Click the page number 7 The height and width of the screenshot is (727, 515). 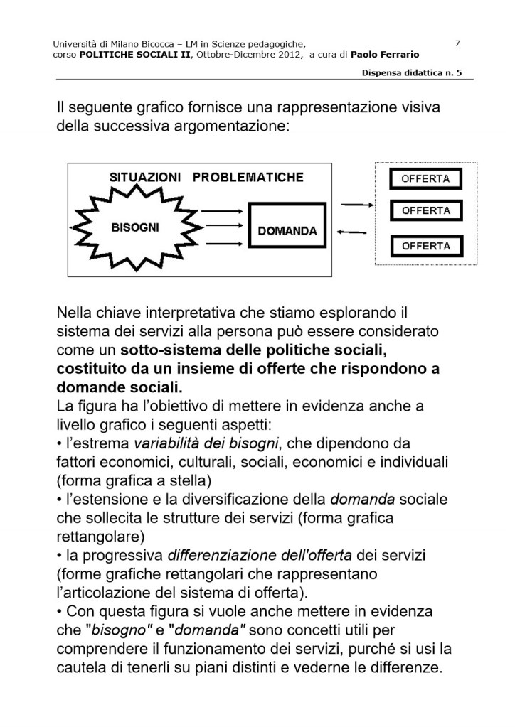pyautogui.click(x=457, y=43)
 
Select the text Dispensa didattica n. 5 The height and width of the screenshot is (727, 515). pyautogui.click(x=412, y=73)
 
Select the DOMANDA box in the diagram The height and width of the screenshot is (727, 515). pyautogui.click(x=287, y=231)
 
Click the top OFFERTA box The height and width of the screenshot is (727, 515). pyautogui.click(x=425, y=178)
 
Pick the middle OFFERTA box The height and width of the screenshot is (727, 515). pyautogui.click(x=425, y=211)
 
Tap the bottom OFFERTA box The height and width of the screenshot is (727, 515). pyautogui.click(x=425, y=246)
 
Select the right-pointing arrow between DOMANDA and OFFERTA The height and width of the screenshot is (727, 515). pyautogui.click(x=354, y=206)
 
